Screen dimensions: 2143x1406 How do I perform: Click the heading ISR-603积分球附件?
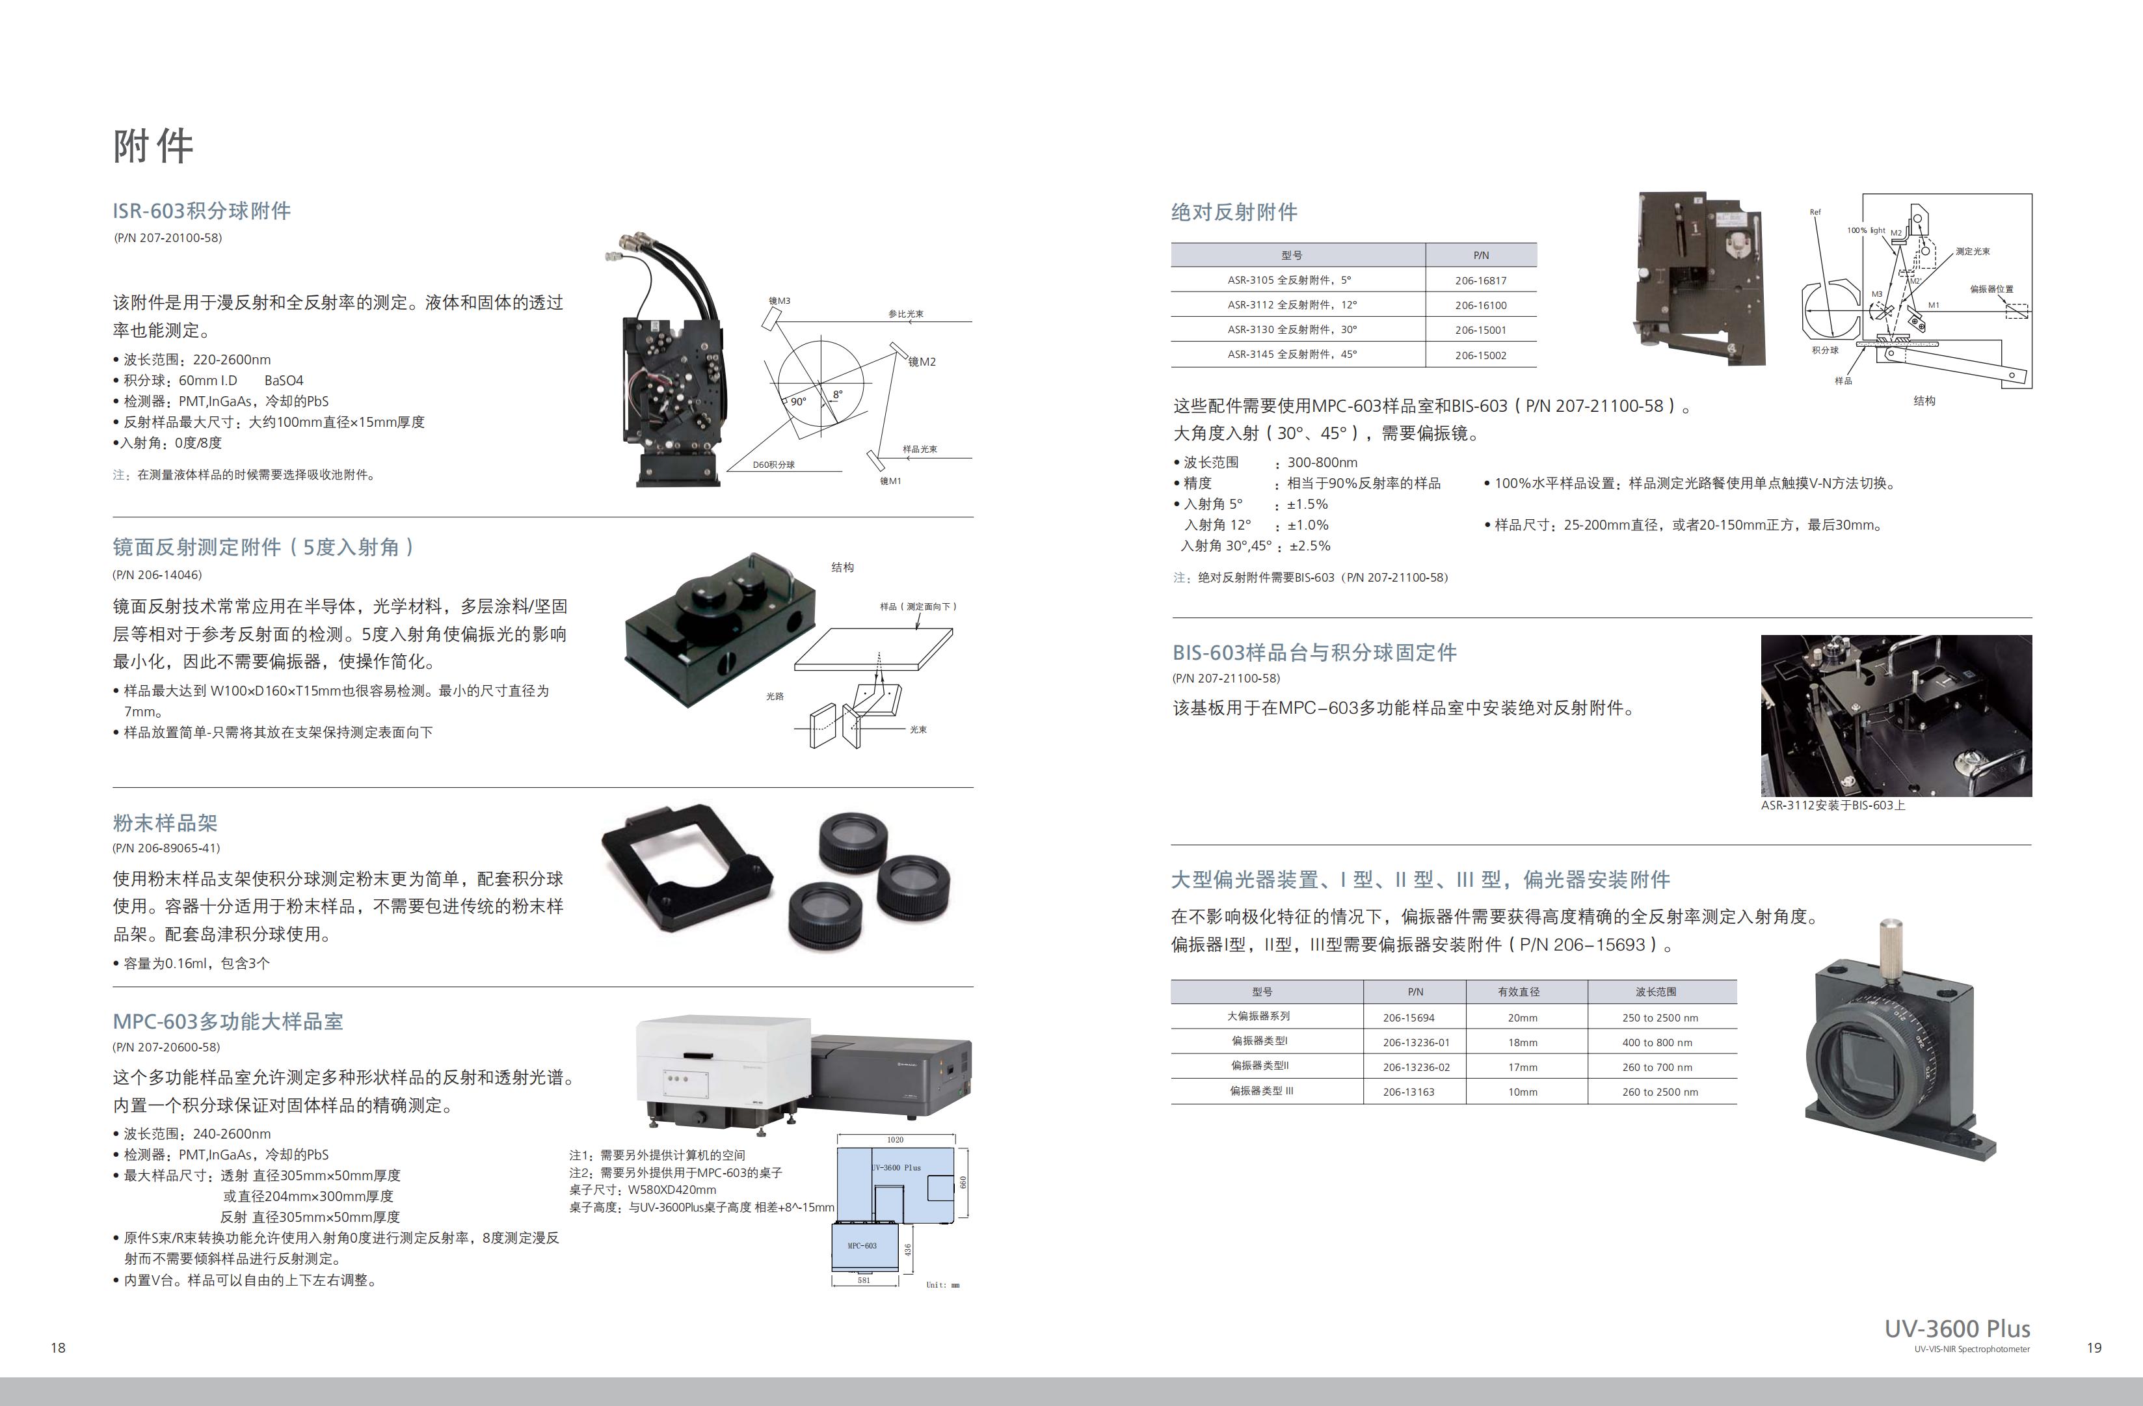pos(202,211)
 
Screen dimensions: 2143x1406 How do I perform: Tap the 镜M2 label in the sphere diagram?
pos(922,362)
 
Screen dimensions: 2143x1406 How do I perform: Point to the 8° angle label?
pos(838,394)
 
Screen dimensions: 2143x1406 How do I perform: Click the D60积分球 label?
pos(773,465)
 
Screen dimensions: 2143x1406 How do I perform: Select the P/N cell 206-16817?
pos(1480,280)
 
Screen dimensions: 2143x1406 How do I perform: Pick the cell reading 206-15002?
pos(1480,355)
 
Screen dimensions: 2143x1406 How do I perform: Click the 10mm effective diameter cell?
pos(1523,1092)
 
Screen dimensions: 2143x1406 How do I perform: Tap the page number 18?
pos(58,1347)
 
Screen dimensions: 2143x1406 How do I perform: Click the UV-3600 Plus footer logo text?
pos(1958,1329)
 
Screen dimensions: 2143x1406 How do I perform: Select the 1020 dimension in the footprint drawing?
pos(895,1139)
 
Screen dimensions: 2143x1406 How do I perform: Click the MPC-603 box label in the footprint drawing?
pos(862,1246)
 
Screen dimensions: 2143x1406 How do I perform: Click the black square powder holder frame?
pos(686,858)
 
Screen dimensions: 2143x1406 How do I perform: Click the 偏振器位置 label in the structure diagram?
pos(1991,289)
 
